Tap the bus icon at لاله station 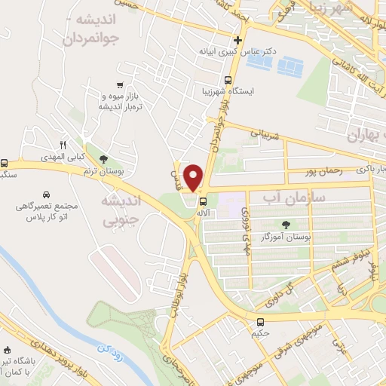(202, 201)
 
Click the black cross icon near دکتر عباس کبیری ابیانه (237, 40)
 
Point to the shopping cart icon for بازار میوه (121, 85)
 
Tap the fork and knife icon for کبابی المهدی (63, 145)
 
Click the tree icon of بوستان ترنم (102, 158)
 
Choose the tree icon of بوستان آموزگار (285, 225)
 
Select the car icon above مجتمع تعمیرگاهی (47, 193)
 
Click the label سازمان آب (283, 197)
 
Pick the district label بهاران (366, 136)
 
